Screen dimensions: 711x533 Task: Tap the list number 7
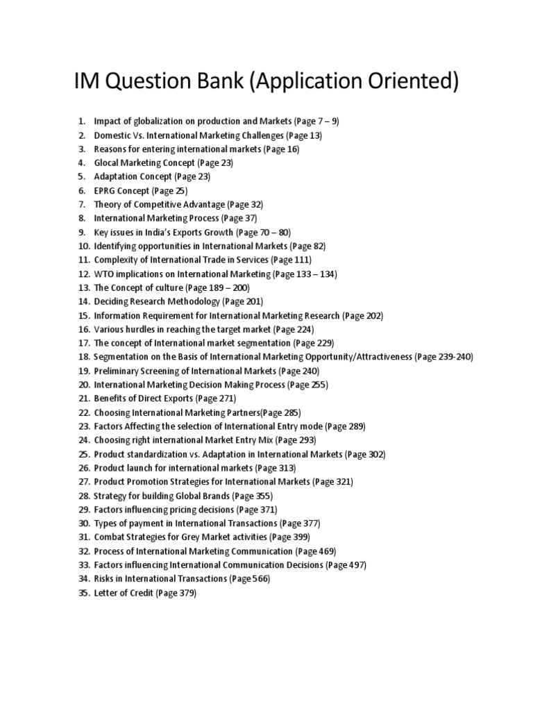[x=81, y=204]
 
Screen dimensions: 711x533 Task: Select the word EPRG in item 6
[x=105, y=190]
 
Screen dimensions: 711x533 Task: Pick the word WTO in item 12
[x=103, y=274]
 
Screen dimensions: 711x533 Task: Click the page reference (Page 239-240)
[x=443, y=357]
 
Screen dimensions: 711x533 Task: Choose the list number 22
[x=84, y=412]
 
